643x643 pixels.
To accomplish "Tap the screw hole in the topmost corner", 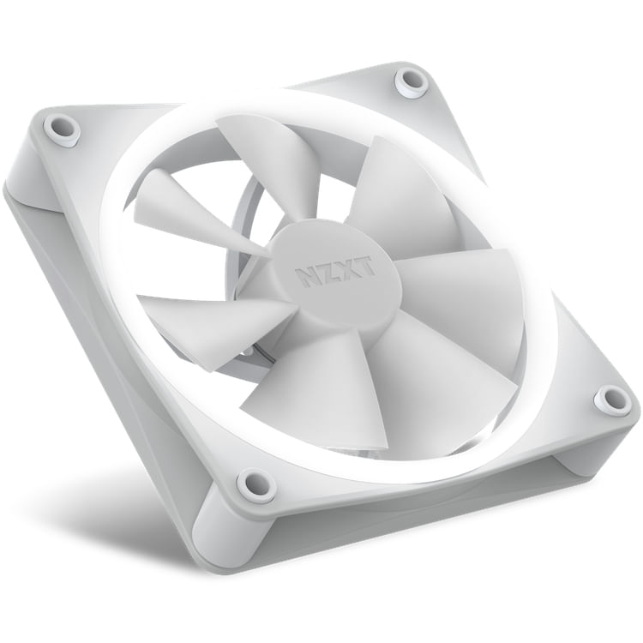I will (412, 81).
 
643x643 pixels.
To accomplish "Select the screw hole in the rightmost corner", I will (612, 399).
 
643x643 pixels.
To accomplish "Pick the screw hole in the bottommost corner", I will (255, 484).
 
